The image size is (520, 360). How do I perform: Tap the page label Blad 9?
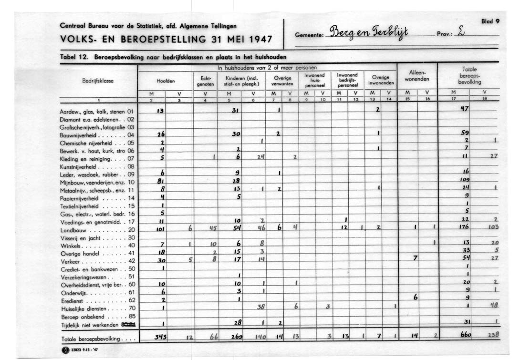[x=491, y=21]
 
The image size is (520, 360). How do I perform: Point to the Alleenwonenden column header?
[x=418, y=75]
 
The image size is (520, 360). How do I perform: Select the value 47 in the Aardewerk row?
[x=464, y=109]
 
